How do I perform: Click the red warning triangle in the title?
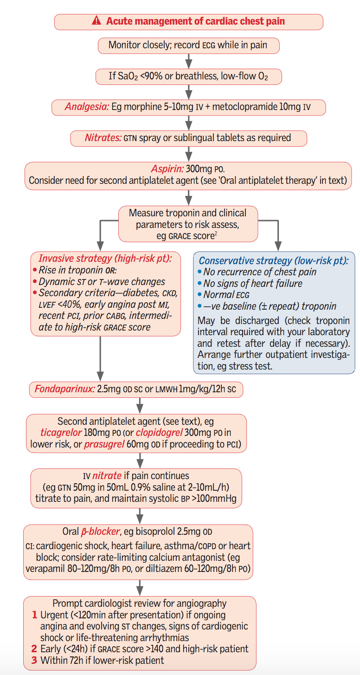(96, 21)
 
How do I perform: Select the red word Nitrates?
(103, 137)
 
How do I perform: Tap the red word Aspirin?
(167, 169)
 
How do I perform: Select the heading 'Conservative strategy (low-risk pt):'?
(274, 260)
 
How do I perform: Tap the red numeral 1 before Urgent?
(34, 615)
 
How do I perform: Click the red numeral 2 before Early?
(34, 649)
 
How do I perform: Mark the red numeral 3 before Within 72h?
(34, 660)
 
